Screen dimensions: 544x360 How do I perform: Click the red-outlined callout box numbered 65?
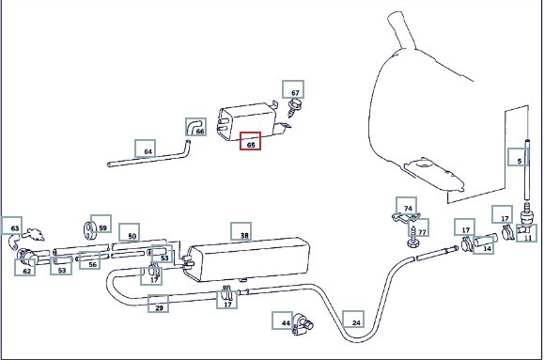[x=250, y=141]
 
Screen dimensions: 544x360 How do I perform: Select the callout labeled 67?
[x=293, y=89]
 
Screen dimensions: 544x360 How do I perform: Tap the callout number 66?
[x=196, y=127]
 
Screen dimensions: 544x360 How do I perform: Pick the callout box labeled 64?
[x=145, y=149]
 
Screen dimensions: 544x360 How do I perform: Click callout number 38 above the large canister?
[x=241, y=231]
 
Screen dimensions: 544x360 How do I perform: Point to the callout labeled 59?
[x=101, y=224]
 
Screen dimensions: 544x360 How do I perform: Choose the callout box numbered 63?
[x=12, y=226]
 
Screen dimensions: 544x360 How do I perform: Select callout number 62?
[x=25, y=267]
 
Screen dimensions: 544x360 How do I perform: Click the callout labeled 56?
[x=90, y=260]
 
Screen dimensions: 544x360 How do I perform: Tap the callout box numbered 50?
[x=130, y=232]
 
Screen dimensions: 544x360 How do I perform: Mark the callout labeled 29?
[x=158, y=304]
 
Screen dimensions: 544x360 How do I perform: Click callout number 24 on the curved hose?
[x=353, y=320]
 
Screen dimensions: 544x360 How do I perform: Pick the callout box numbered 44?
[x=283, y=321]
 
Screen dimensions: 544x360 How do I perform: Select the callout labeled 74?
[x=406, y=206]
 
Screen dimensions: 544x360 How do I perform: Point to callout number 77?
[x=419, y=227]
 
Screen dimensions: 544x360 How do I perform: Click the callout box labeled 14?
[x=484, y=245]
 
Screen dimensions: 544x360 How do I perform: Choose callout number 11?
[x=527, y=233]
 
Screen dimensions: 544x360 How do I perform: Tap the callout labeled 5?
[x=518, y=157]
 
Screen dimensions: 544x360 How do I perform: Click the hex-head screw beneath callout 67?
[x=294, y=107]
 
